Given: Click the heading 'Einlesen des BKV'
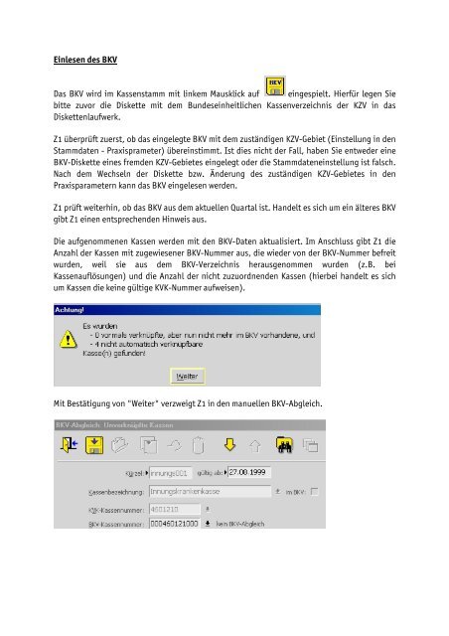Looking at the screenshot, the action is [x=84, y=61].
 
